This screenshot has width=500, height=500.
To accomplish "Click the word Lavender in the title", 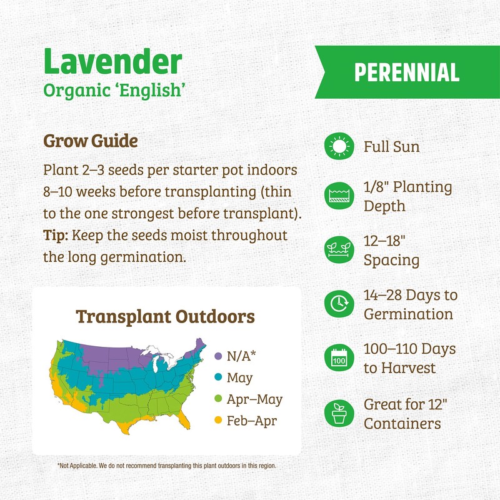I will tap(112, 62).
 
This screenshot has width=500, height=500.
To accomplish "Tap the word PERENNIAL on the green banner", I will tap(406, 72).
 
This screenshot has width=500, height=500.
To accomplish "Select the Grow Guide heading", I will tap(90, 141).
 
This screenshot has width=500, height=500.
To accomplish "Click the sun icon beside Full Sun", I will tap(339, 147).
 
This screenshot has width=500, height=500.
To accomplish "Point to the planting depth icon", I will tap(339, 197).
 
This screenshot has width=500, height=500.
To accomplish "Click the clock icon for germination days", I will tap(339, 304).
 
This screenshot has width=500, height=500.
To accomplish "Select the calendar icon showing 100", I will tap(339, 358).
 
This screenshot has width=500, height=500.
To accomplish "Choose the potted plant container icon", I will tap(339, 413).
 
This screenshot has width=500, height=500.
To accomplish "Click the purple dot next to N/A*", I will tap(218, 356).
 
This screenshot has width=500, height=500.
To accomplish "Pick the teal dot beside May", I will tap(218, 378).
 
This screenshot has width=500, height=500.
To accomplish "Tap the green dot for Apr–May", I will tap(218, 399).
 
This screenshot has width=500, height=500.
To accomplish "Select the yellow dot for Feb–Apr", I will tap(218, 421).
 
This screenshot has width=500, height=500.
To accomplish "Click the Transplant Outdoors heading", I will tap(165, 316).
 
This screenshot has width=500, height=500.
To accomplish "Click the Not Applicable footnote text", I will tap(166, 466).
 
